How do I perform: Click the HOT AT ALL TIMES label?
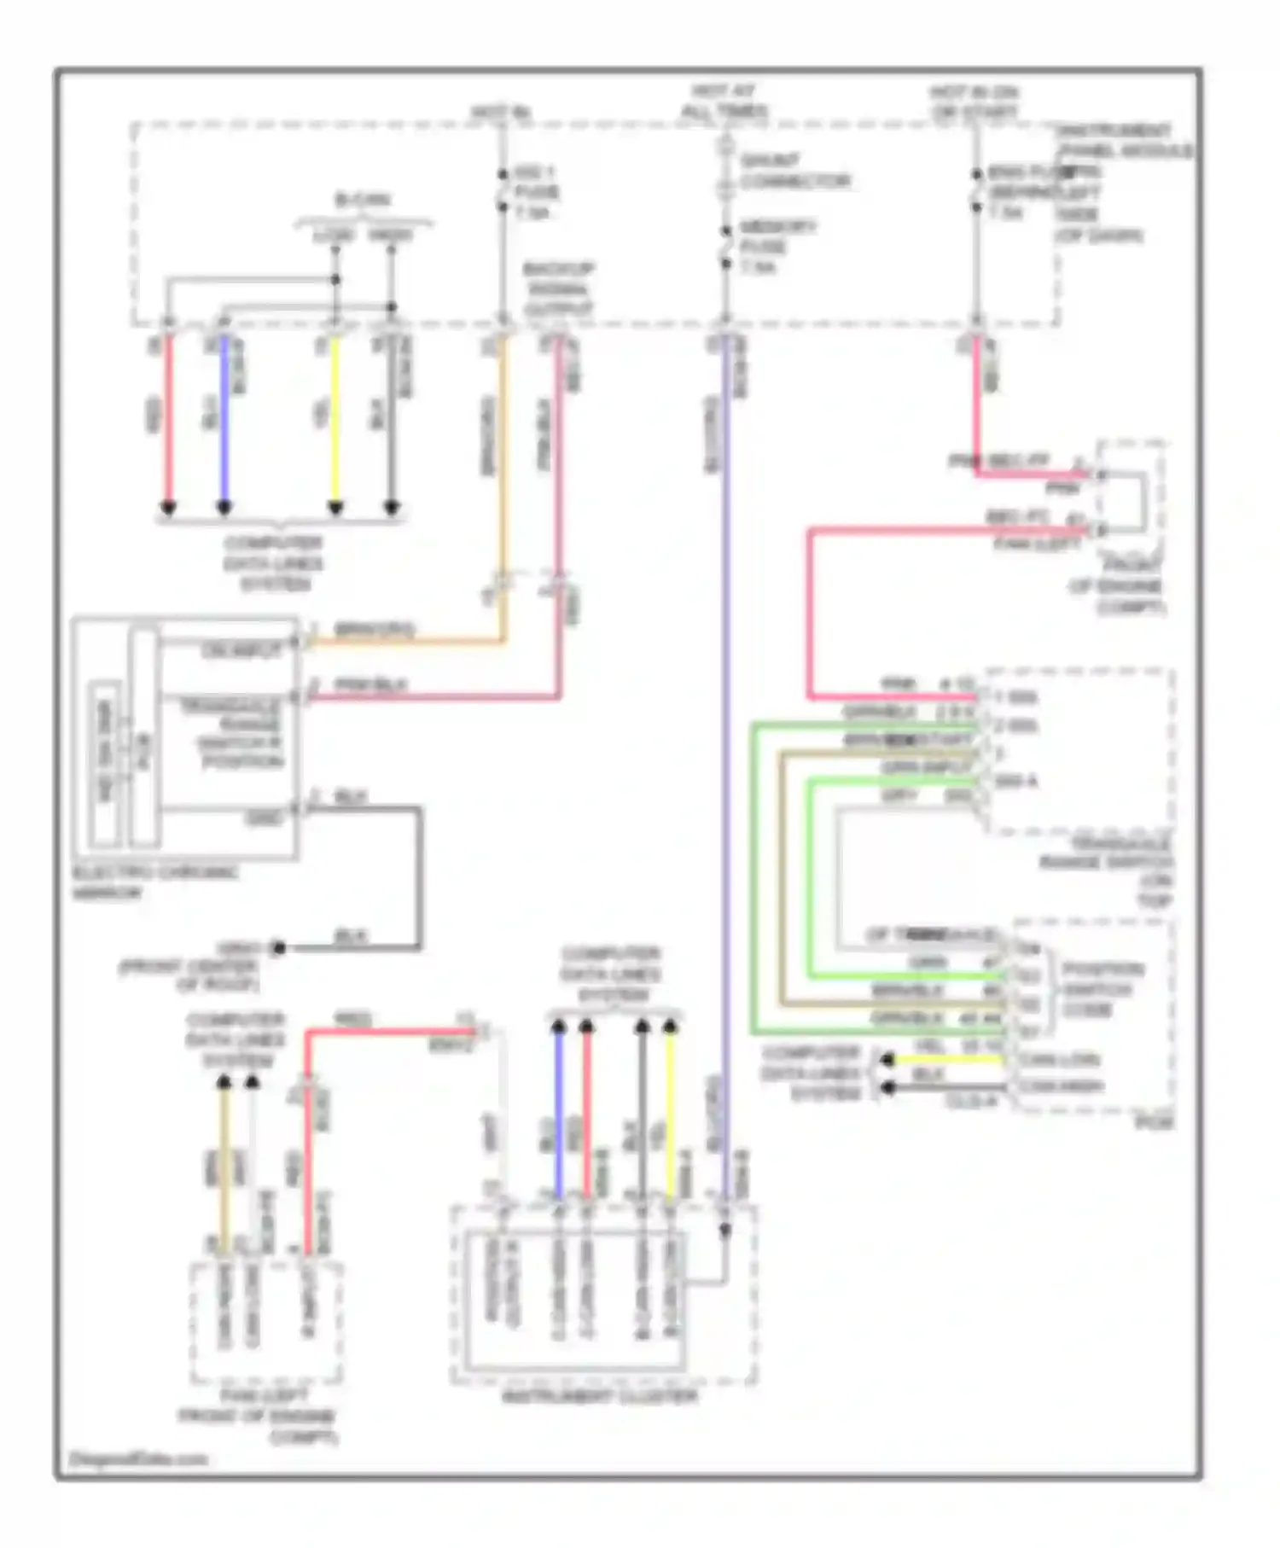(724, 102)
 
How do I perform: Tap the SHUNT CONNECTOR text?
(794, 171)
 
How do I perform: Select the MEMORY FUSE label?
(777, 247)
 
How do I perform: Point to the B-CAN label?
(363, 201)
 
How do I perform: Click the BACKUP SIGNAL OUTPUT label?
(559, 288)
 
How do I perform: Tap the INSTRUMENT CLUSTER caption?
(600, 1396)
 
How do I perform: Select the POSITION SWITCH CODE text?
(1102, 990)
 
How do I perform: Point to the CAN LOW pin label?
(1059, 1060)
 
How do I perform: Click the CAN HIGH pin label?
(1062, 1087)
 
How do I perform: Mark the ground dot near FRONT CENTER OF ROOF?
(277, 948)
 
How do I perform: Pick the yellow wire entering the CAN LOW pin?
(947, 1060)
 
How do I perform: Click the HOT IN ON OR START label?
(975, 102)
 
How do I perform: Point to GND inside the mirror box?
(264, 818)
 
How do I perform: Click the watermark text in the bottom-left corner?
(138, 1458)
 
